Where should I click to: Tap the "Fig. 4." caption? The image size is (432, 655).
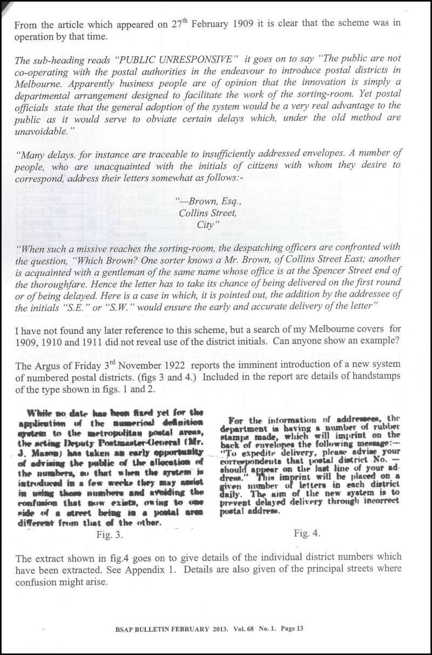point(308,533)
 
